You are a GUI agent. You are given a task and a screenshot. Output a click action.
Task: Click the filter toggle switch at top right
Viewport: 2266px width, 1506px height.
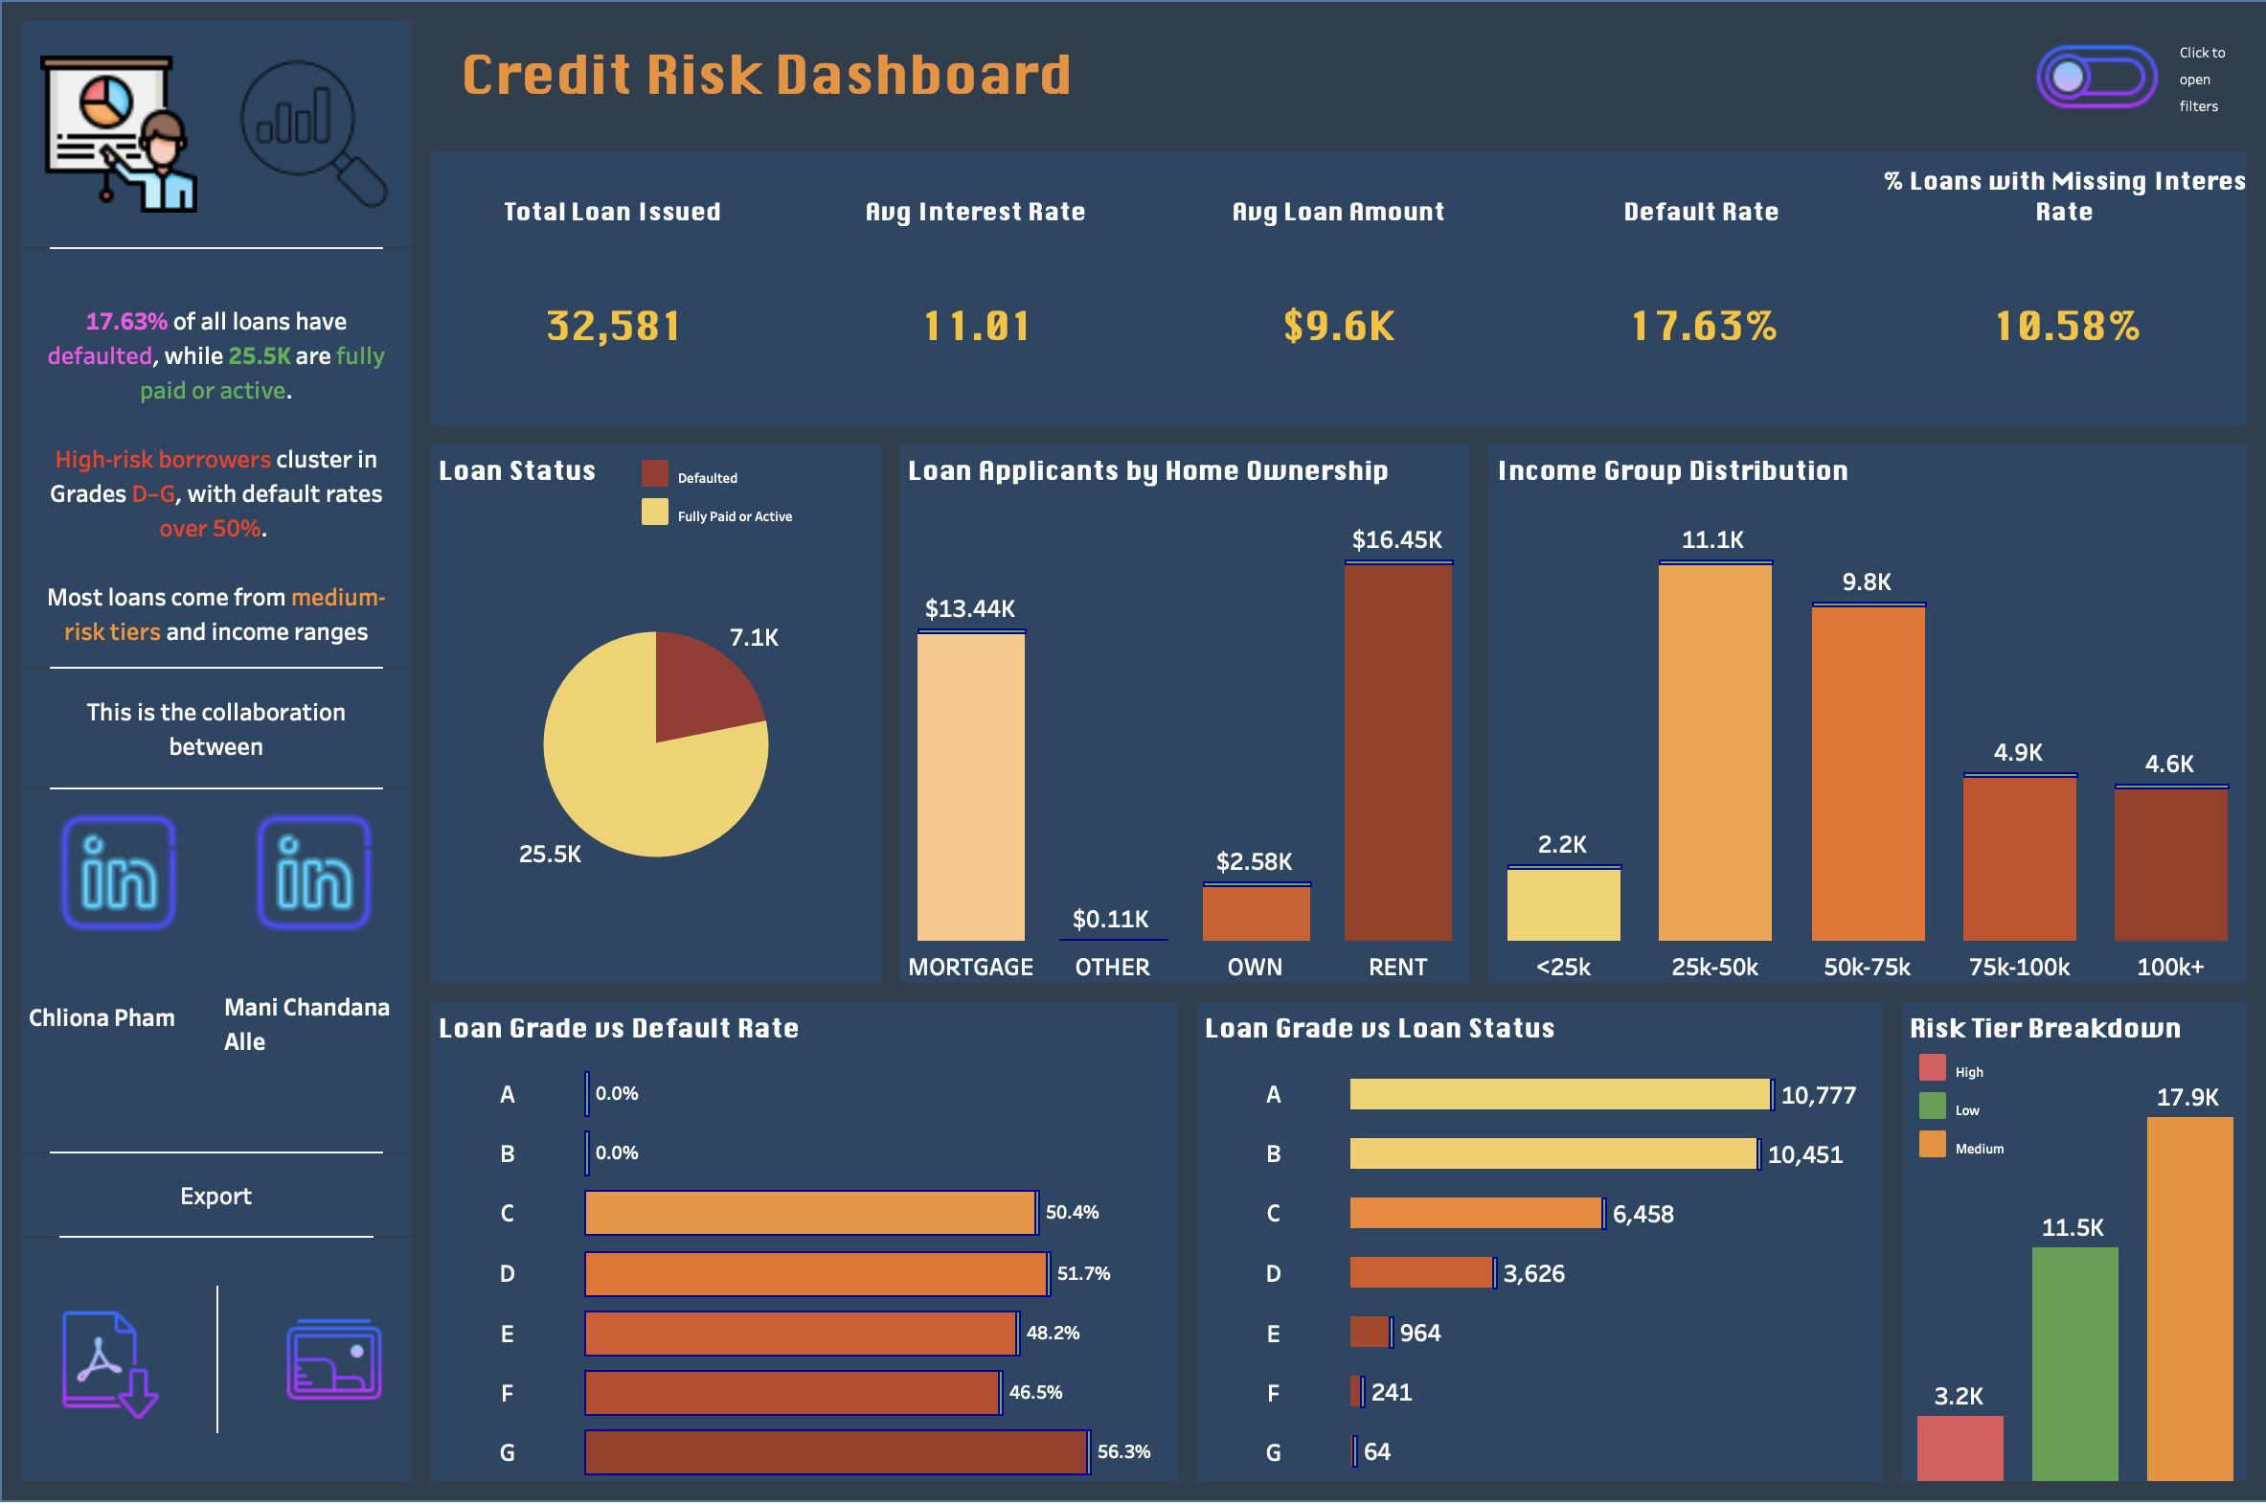tap(2096, 77)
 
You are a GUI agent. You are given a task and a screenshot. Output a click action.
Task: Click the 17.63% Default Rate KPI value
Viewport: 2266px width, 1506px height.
tap(1704, 327)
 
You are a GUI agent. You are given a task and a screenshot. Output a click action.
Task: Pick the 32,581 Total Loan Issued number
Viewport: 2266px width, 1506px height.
tap(613, 327)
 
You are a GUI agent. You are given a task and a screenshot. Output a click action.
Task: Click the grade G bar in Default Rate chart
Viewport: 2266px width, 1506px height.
tap(835, 1451)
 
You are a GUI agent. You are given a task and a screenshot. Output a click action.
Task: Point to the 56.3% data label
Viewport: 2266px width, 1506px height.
tap(1123, 1451)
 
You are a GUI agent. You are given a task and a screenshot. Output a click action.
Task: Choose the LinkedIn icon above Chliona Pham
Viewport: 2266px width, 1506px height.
tap(119, 873)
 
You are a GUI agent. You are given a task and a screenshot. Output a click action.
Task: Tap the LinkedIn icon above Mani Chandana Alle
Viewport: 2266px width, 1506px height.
tap(314, 873)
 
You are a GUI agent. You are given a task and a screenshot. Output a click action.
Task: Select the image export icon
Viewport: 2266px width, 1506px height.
tap(333, 1360)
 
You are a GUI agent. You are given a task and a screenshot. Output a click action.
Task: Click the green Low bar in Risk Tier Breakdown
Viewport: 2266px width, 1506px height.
tap(2073, 1364)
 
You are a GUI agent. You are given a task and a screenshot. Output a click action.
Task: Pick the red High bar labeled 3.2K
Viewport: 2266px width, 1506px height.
tap(1959, 1448)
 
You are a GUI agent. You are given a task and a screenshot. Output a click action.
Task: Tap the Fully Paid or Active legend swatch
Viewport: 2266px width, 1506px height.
tap(655, 512)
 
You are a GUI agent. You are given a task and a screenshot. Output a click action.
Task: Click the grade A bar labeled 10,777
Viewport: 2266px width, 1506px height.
tap(1559, 1094)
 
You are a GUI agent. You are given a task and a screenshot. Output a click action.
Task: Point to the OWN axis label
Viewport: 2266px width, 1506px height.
tap(1254, 968)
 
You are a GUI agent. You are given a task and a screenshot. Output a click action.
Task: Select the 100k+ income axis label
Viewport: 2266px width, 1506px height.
tap(2170, 968)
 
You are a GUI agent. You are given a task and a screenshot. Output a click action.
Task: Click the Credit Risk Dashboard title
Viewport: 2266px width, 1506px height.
tap(765, 75)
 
